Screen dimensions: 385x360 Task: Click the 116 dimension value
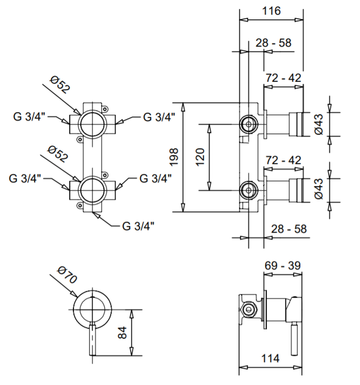tap(271, 10)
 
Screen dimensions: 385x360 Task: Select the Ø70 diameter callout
tap(68, 275)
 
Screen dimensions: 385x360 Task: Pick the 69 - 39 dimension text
tap(283, 266)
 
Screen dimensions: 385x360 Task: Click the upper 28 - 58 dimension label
tap(274, 43)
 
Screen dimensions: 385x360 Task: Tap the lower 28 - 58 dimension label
tap(288, 229)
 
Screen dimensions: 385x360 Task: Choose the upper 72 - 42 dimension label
tap(283, 78)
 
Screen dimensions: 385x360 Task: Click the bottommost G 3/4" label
tap(138, 226)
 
